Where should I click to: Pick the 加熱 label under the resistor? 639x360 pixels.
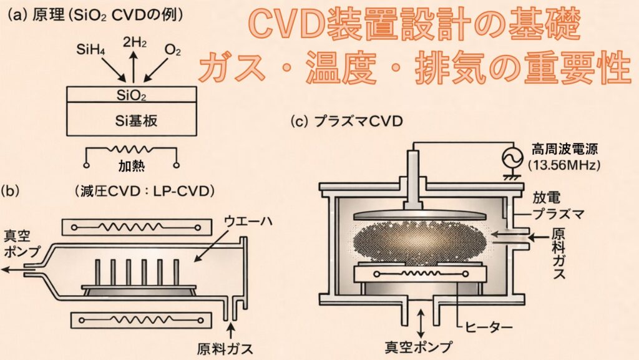[132, 168]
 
